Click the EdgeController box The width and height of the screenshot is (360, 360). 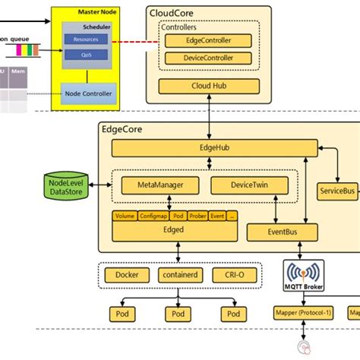pos(208,41)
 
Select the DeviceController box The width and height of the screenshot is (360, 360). pos(208,58)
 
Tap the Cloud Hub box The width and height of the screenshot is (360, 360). pos(208,86)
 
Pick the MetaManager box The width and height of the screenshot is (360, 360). pos(158,185)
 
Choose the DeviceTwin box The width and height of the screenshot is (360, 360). pos(248,185)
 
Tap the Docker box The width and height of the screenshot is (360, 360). pos(126,275)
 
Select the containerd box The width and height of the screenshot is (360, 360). pos(179,275)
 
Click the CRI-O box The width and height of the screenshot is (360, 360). pos(232,275)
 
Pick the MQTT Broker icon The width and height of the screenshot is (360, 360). pos(304,276)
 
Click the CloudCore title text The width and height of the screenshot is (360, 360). pos(172,12)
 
